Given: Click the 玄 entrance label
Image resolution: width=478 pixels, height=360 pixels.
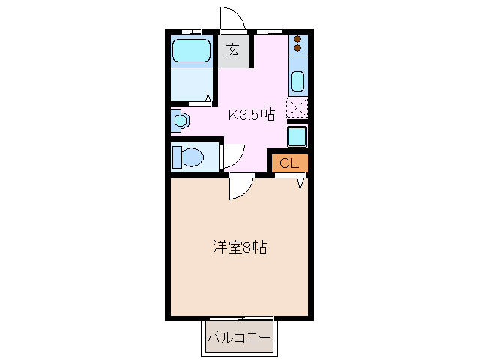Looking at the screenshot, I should coord(233,51).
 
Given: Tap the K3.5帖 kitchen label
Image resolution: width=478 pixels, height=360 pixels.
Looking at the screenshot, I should coord(251,115).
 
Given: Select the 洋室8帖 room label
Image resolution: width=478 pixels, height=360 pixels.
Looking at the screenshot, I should coord(240,246).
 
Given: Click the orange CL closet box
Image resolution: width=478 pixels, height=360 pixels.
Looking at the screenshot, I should coord(289,163).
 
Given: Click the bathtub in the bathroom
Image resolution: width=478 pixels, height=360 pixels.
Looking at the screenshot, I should coord(192,52).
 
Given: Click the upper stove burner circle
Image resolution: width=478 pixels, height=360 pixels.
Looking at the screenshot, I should coord(297,40).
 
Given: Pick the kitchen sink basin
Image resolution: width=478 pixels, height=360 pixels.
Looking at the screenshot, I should coord(297,81).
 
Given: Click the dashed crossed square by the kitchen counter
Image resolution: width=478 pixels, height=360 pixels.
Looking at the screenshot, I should coord(297,108).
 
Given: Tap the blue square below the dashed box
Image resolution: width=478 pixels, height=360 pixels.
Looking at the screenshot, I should coord(297,136).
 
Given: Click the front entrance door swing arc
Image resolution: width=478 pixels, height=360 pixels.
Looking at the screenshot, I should coord(232,17).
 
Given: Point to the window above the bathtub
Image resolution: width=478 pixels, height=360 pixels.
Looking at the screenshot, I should coord(192,31).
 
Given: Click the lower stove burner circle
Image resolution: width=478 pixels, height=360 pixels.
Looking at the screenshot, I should coord(297,49).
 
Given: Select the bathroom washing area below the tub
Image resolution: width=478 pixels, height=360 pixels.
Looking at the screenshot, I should coord(192,85).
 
